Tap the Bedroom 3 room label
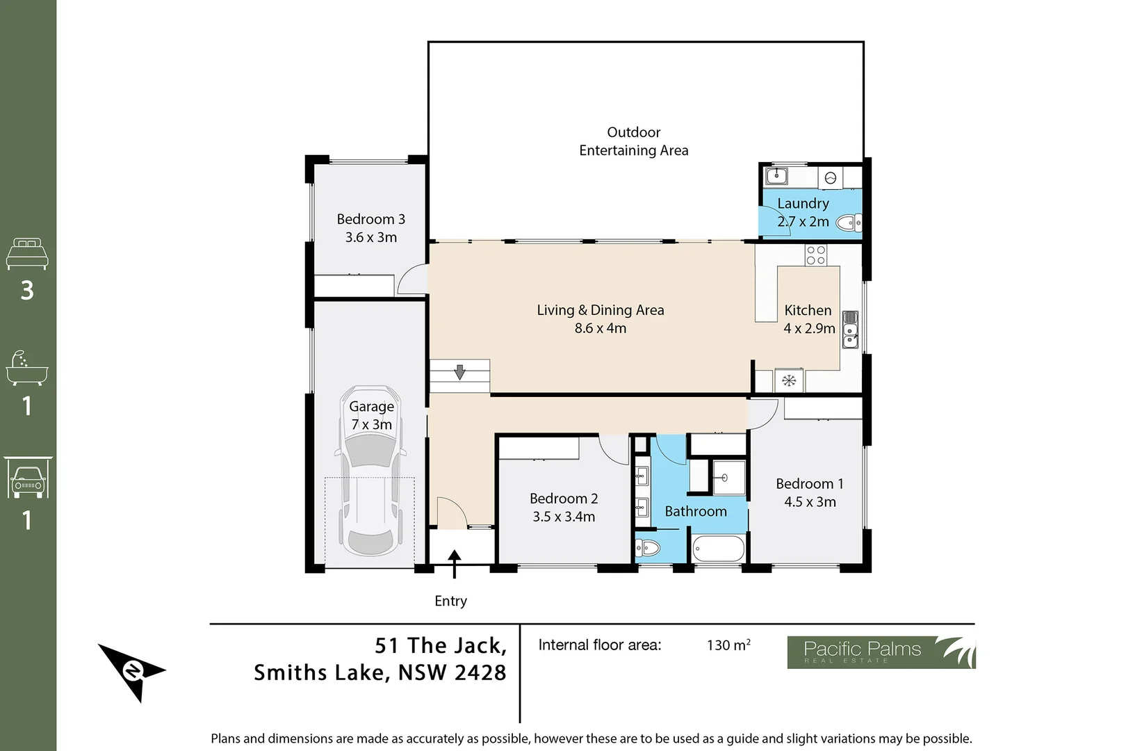pos(370,219)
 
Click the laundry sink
pos(776,176)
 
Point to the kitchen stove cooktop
pos(816,255)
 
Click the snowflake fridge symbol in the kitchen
pos(789,380)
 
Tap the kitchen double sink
pos(850,330)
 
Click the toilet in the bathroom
pos(647,549)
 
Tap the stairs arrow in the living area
pos(459,372)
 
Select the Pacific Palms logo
pos(881,652)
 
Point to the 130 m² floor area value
pos(728,645)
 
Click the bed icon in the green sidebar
pos(27,254)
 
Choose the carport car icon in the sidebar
pos(27,478)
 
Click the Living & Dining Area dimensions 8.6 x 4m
pos(600,328)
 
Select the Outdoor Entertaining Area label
pos(633,141)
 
